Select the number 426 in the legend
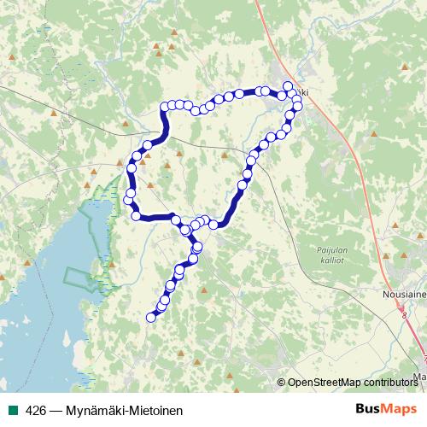[35, 410]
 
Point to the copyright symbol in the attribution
[282, 382]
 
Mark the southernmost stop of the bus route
[151, 318]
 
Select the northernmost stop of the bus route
[288, 85]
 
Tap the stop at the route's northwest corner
[164, 107]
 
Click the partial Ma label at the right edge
[419, 375]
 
